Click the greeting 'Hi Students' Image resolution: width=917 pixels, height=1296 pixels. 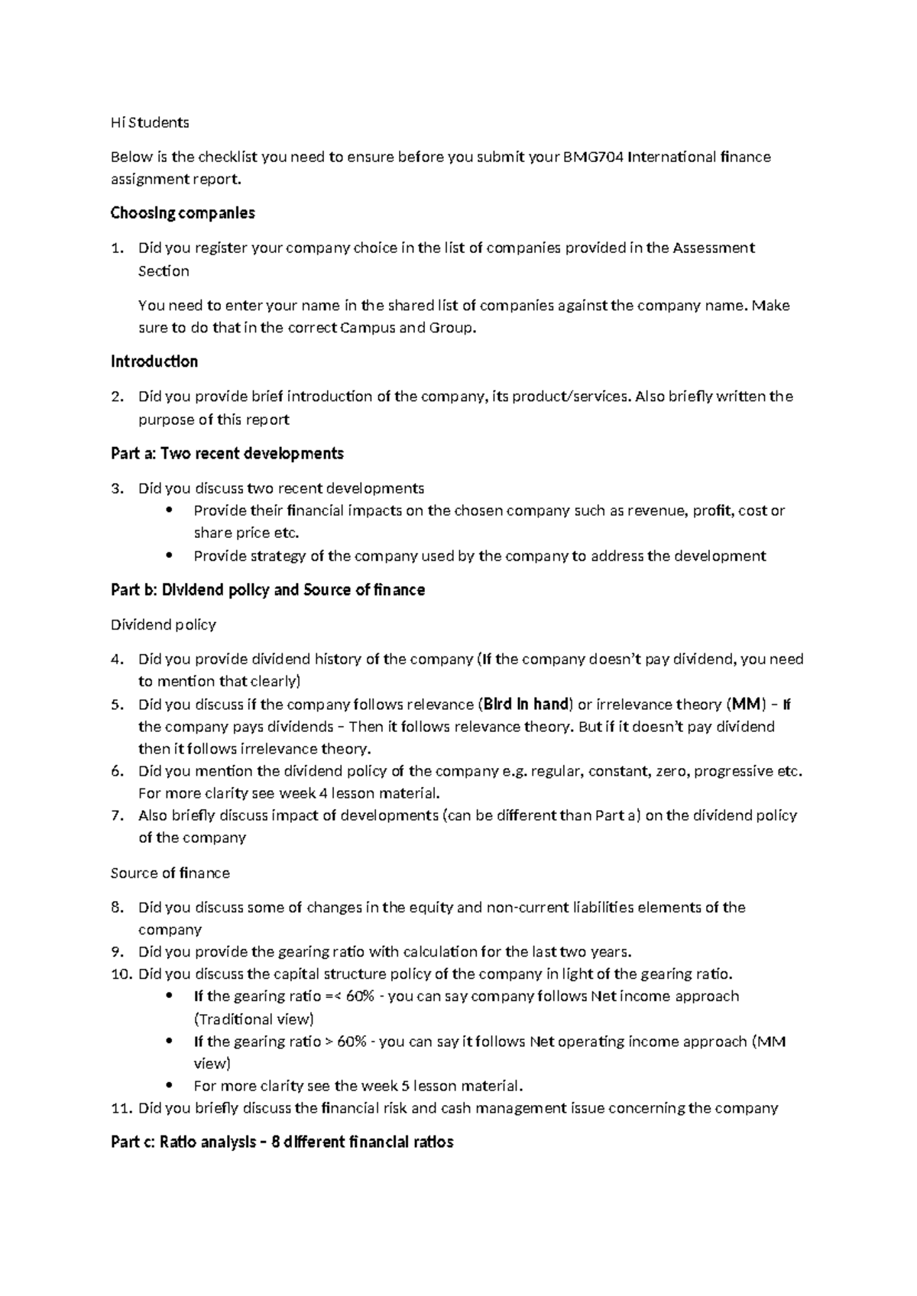click(150, 122)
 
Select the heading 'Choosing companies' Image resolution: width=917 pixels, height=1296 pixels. click(183, 213)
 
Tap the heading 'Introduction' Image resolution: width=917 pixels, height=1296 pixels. click(154, 361)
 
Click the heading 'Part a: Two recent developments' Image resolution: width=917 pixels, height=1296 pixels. click(227, 454)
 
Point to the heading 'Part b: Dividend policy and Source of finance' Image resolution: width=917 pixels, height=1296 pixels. click(267, 591)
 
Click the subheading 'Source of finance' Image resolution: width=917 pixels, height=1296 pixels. click(170, 873)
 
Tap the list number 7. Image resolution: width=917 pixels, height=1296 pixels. click(116, 815)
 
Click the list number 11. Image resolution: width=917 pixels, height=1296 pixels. click(121, 1108)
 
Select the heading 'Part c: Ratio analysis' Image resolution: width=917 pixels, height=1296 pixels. click(282, 1142)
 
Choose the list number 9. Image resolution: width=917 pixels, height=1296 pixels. click(116, 952)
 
